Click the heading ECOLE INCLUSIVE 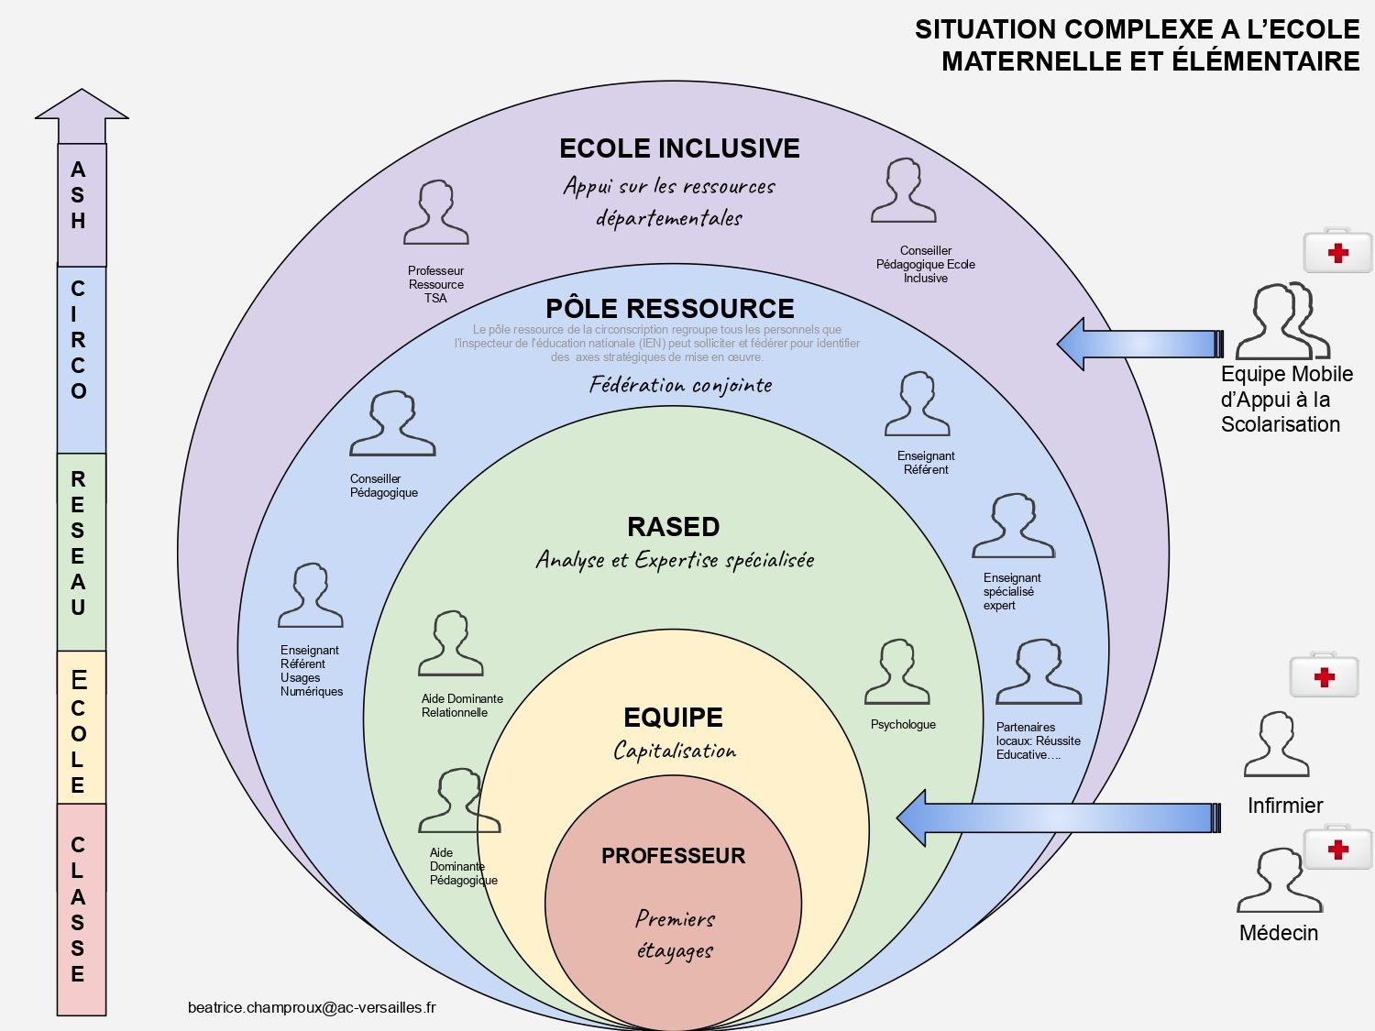679,148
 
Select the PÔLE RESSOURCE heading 670,308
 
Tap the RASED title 674,527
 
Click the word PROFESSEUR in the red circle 674,856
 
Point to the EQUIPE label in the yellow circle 674,718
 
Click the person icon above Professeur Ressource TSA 436,213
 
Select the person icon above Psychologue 897,673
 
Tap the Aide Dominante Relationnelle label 462,706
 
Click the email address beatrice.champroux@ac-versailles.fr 312,1007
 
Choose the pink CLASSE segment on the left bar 81,909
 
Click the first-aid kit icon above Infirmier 1324,675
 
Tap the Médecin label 1279,933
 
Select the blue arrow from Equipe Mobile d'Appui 1139,344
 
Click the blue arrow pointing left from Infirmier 1058,817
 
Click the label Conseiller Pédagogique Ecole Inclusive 926,264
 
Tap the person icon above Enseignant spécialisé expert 1013,526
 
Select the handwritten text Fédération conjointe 681,385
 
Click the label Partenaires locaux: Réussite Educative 1038,740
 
